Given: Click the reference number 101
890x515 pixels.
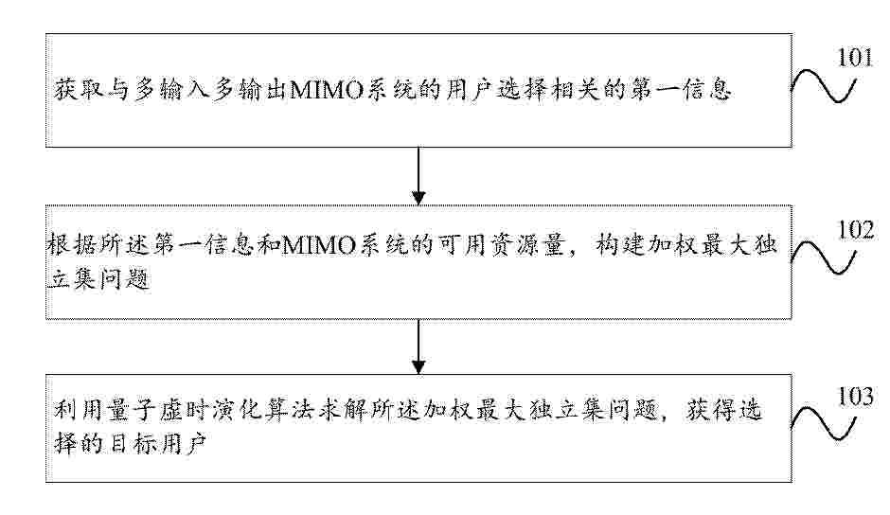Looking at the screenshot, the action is click(x=855, y=58).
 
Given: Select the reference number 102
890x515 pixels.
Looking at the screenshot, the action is click(x=855, y=229).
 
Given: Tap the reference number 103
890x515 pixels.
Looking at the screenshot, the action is click(x=855, y=397).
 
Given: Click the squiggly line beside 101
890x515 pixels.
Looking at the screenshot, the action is click(x=823, y=86).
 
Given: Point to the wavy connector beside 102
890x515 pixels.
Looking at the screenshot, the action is click(x=823, y=257).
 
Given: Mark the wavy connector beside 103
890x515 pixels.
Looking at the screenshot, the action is click(x=823, y=423).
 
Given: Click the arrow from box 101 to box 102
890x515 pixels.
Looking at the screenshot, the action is click(x=418, y=176).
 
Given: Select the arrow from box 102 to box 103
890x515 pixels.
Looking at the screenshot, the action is click(x=418, y=346).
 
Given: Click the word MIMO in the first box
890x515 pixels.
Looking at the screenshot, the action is click(x=327, y=90).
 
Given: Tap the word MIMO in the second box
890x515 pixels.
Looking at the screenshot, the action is click(x=318, y=246).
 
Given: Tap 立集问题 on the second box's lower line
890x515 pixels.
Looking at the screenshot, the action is click(x=98, y=278).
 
